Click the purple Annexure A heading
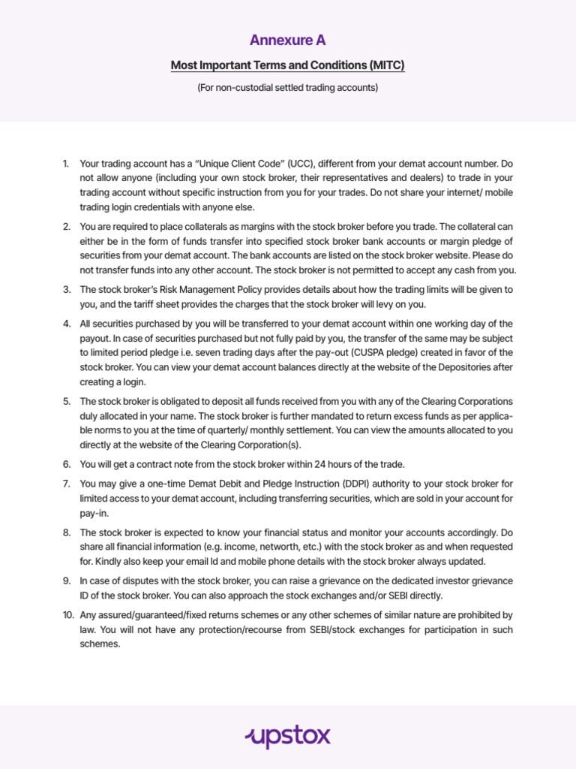(x=288, y=40)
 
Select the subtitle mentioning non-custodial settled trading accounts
(x=288, y=88)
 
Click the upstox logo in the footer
(x=288, y=737)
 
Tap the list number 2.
(x=66, y=227)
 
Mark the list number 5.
(x=66, y=402)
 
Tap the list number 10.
(x=67, y=615)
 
